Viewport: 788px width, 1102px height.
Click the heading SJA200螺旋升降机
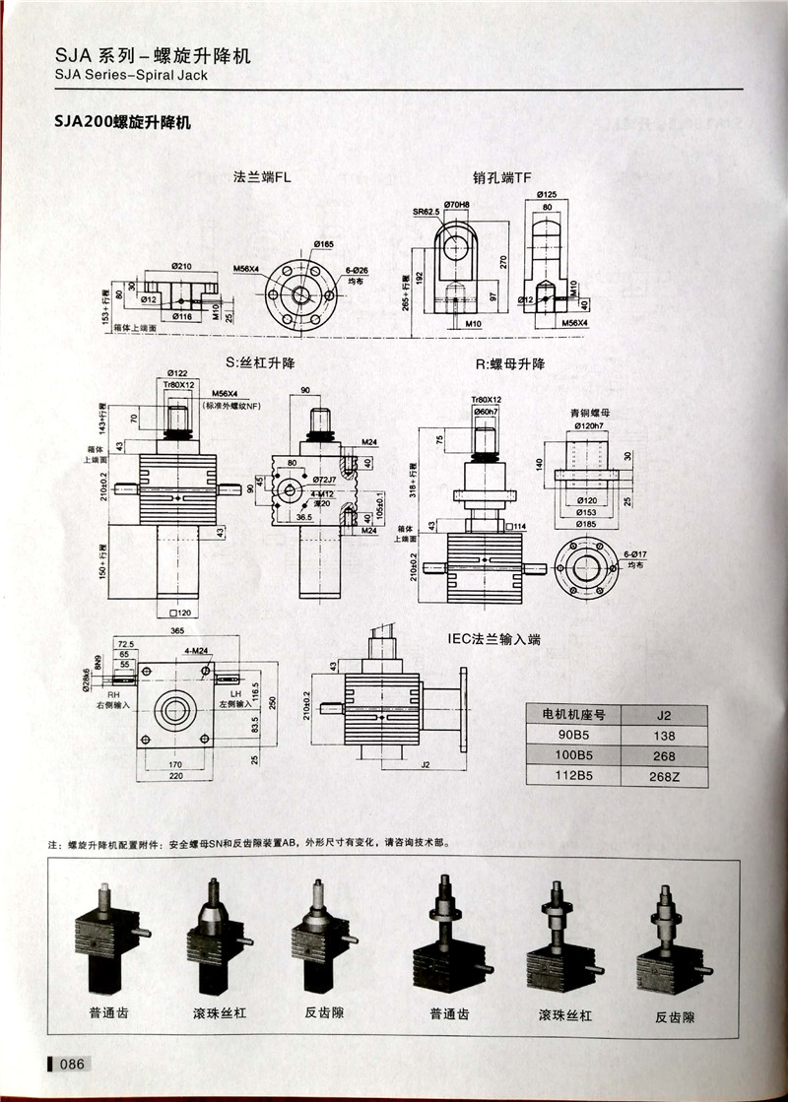(x=123, y=124)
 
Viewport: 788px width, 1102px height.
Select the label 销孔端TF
(x=502, y=178)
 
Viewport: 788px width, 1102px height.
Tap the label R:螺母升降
(x=510, y=363)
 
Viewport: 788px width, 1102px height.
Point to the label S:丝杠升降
(x=261, y=362)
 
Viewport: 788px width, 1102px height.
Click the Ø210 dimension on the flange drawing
(x=180, y=266)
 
